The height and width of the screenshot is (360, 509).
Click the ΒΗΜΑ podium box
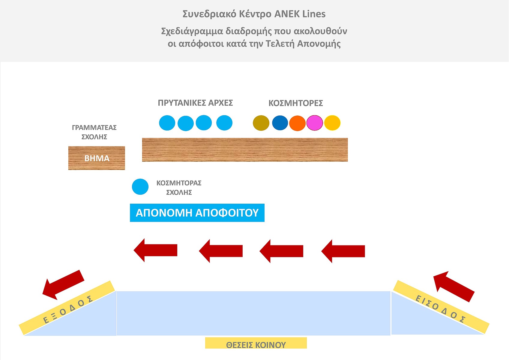pyautogui.click(x=97, y=158)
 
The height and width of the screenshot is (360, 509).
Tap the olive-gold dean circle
pyautogui.click(x=261, y=123)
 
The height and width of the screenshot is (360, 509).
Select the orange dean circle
pyautogui.click(x=297, y=123)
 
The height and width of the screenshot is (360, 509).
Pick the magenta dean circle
pyautogui.click(x=315, y=123)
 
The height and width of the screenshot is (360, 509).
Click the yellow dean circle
pyautogui.click(x=332, y=123)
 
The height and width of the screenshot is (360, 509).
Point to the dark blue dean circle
pyautogui.click(x=280, y=123)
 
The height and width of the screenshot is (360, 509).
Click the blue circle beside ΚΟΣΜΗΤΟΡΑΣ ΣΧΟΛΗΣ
pyautogui.click(x=140, y=187)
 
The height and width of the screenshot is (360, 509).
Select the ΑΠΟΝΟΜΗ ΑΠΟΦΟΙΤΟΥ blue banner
pyautogui.click(x=197, y=213)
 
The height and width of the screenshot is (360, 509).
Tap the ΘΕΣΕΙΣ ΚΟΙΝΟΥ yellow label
pyautogui.click(x=256, y=343)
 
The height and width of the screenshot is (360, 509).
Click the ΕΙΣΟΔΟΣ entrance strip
pyautogui.click(x=441, y=307)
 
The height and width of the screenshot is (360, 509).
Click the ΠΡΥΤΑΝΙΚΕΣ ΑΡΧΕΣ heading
pyautogui.click(x=195, y=103)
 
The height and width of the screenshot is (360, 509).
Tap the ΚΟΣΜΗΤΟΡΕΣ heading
pyautogui.click(x=295, y=103)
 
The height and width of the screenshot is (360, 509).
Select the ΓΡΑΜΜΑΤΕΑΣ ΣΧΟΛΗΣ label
pyautogui.click(x=94, y=132)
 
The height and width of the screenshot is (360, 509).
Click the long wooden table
pyautogui.click(x=245, y=150)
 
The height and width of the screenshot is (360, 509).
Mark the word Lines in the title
pyautogui.click(x=314, y=14)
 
